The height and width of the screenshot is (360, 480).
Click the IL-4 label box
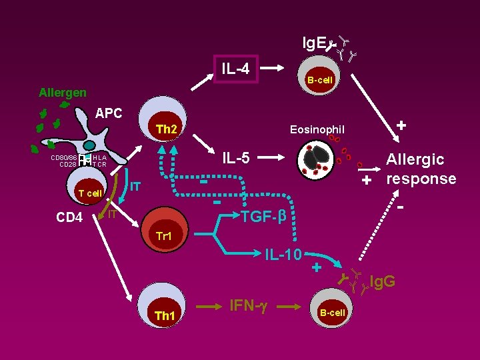click(235, 68)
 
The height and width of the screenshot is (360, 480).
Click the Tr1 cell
click(163, 231)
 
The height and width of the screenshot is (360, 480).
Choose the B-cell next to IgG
click(331, 308)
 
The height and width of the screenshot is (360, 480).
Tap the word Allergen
click(62, 93)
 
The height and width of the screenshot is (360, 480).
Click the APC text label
click(109, 113)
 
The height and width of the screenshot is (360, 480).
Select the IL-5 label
click(235, 158)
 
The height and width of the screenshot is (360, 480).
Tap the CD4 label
click(69, 217)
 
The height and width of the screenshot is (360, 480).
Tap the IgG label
click(382, 281)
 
